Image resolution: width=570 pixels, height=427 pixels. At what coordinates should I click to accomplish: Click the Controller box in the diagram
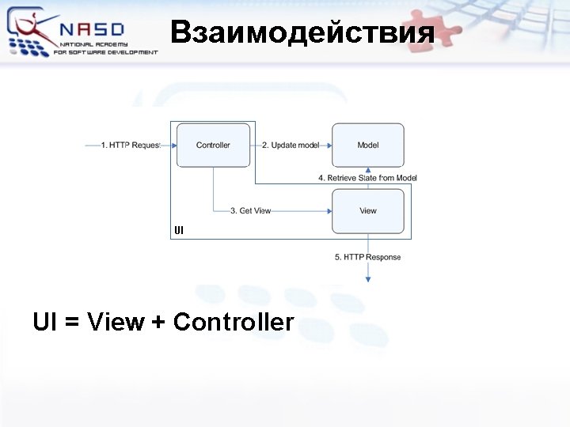click(x=213, y=145)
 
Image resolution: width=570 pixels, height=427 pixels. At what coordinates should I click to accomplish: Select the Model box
click(x=367, y=145)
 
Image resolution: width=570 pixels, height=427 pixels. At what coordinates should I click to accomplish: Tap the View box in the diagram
click(x=367, y=211)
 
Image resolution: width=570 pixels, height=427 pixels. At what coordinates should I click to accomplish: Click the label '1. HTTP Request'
click(x=131, y=145)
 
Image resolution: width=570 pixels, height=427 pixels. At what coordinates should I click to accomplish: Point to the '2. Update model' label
click(x=290, y=145)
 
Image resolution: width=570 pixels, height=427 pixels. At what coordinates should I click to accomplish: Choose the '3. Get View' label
click(x=250, y=211)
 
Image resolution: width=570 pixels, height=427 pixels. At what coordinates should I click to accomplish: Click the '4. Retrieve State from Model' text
click(x=367, y=178)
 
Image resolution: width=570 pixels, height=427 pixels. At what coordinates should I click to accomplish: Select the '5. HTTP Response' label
click(x=367, y=257)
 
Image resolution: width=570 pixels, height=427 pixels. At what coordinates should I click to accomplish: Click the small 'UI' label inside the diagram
click(x=179, y=231)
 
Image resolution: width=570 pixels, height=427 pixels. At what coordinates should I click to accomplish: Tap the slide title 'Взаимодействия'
click(x=302, y=32)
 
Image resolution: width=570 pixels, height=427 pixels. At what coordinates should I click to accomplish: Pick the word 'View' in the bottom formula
click(x=116, y=323)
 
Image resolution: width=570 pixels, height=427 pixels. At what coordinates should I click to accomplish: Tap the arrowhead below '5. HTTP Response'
click(x=368, y=278)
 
